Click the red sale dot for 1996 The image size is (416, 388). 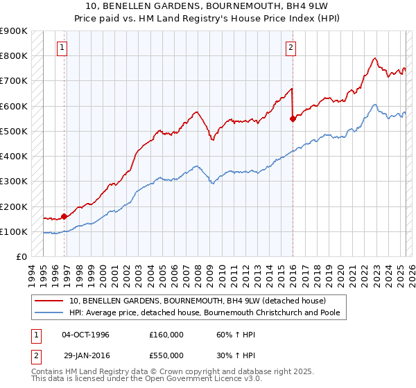coord(64,216)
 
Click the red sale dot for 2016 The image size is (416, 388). coord(293,118)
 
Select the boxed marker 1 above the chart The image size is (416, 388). coord(63,48)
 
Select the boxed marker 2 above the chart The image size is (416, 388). coord(291,48)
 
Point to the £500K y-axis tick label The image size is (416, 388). coord(14,131)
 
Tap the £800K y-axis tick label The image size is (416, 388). coord(14,55)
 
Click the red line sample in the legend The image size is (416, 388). coord(49,301)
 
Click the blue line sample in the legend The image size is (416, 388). coord(49,313)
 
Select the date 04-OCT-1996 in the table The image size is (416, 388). coord(85,335)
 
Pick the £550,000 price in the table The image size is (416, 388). coord(166,355)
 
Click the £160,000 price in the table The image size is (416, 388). coord(166,335)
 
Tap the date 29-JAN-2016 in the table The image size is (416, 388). coord(85,355)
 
